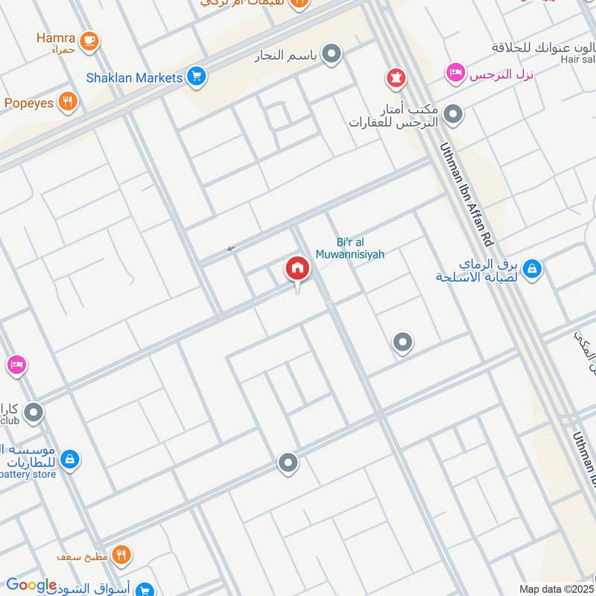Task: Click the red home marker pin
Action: click(297, 269)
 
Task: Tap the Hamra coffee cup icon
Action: click(89, 40)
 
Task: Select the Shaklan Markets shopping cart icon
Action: click(197, 77)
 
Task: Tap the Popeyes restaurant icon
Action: click(69, 102)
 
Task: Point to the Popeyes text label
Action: click(28, 103)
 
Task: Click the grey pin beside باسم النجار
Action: click(332, 54)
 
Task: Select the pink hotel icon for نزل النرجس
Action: click(454, 73)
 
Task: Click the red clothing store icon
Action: click(394, 77)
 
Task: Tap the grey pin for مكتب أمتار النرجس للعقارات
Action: click(453, 115)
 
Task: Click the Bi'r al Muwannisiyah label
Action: click(361, 248)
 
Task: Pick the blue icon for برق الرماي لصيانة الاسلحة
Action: click(532, 269)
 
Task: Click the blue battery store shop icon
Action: click(70, 459)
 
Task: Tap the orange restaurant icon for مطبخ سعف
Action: click(121, 555)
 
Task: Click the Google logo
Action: click(31, 585)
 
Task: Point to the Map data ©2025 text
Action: click(556, 589)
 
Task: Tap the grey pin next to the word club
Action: click(34, 412)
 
